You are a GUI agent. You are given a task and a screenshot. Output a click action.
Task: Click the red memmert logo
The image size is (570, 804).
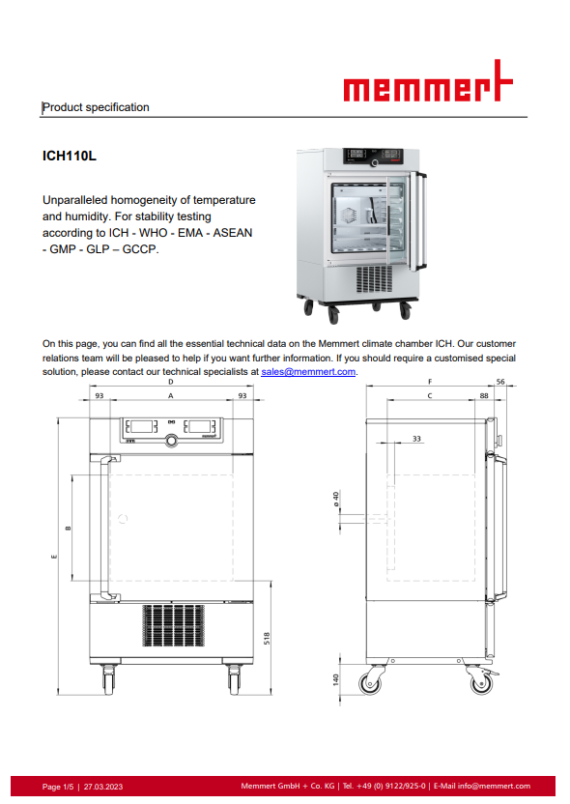(x=427, y=82)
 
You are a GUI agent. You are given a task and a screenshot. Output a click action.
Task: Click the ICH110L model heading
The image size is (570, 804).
(x=70, y=156)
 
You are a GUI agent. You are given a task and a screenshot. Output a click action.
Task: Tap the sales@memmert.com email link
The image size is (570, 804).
(x=308, y=372)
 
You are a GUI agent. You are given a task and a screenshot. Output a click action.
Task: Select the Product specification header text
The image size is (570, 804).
(x=96, y=107)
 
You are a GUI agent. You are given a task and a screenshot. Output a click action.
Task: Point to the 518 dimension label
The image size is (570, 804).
(x=267, y=639)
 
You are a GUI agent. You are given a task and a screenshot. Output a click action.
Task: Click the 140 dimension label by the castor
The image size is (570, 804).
(x=336, y=680)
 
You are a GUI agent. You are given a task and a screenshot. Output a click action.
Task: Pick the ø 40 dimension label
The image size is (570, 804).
(x=336, y=499)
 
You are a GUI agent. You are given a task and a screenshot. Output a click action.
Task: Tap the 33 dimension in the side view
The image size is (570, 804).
(x=416, y=439)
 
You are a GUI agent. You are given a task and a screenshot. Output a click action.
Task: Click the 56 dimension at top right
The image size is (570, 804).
(x=500, y=382)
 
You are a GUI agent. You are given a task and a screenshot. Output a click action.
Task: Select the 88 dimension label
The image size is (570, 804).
(x=484, y=396)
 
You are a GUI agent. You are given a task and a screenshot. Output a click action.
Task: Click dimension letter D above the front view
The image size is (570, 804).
(x=171, y=382)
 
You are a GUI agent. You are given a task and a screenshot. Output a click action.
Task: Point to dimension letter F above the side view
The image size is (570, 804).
(x=430, y=382)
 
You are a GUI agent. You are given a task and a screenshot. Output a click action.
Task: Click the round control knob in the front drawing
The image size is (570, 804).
(x=172, y=440)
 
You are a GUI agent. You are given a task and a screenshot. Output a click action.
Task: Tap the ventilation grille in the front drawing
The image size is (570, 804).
(x=173, y=625)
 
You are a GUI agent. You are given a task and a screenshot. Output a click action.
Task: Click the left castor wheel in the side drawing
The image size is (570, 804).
(x=371, y=683)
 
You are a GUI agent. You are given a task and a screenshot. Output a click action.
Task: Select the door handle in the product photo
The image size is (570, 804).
(x=421, y=221)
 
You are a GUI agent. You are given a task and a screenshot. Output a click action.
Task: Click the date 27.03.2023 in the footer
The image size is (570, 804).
(x=103, y=787)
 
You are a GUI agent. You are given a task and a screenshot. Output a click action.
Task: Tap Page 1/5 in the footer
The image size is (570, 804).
(x=58, y=787)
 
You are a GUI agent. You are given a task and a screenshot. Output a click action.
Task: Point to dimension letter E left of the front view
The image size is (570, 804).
(x=54, y=557)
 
